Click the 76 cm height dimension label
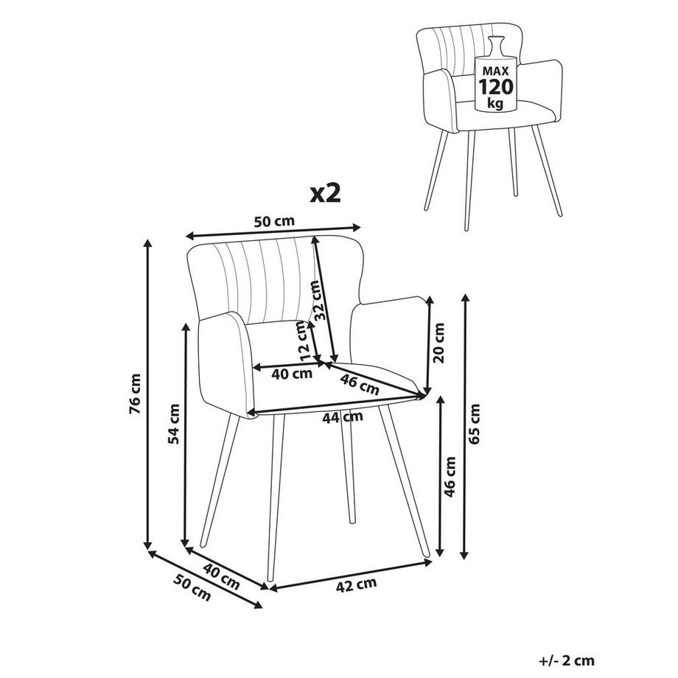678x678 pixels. pyautogui.click(x=136, y=394)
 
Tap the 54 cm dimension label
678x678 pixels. pyautogui.click(x=174, y=423)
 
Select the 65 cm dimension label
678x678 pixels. pyautogui.click(x=475, y=424)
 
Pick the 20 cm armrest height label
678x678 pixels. pyautogui.click(x=438, y=343)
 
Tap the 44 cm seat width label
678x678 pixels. pyautogui.click(x=343, y=417)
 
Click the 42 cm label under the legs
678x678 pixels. pyautogui.click(x=356, y=584)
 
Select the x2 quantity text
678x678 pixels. pyautogui.click(x=326, y=194)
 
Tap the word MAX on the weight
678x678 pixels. pyautogui.click(x=495, y=71)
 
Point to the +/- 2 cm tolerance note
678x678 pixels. pyautogui.click(x=567, y=660)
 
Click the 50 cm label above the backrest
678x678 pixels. pyautogui.click(x=273, y=221)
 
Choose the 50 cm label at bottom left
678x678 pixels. pyautogui.click(x=192, y=587)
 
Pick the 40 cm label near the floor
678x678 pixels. pyautogui.click(x=221, y=577)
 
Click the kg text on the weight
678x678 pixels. pyautogui.click(x=495, y=103)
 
